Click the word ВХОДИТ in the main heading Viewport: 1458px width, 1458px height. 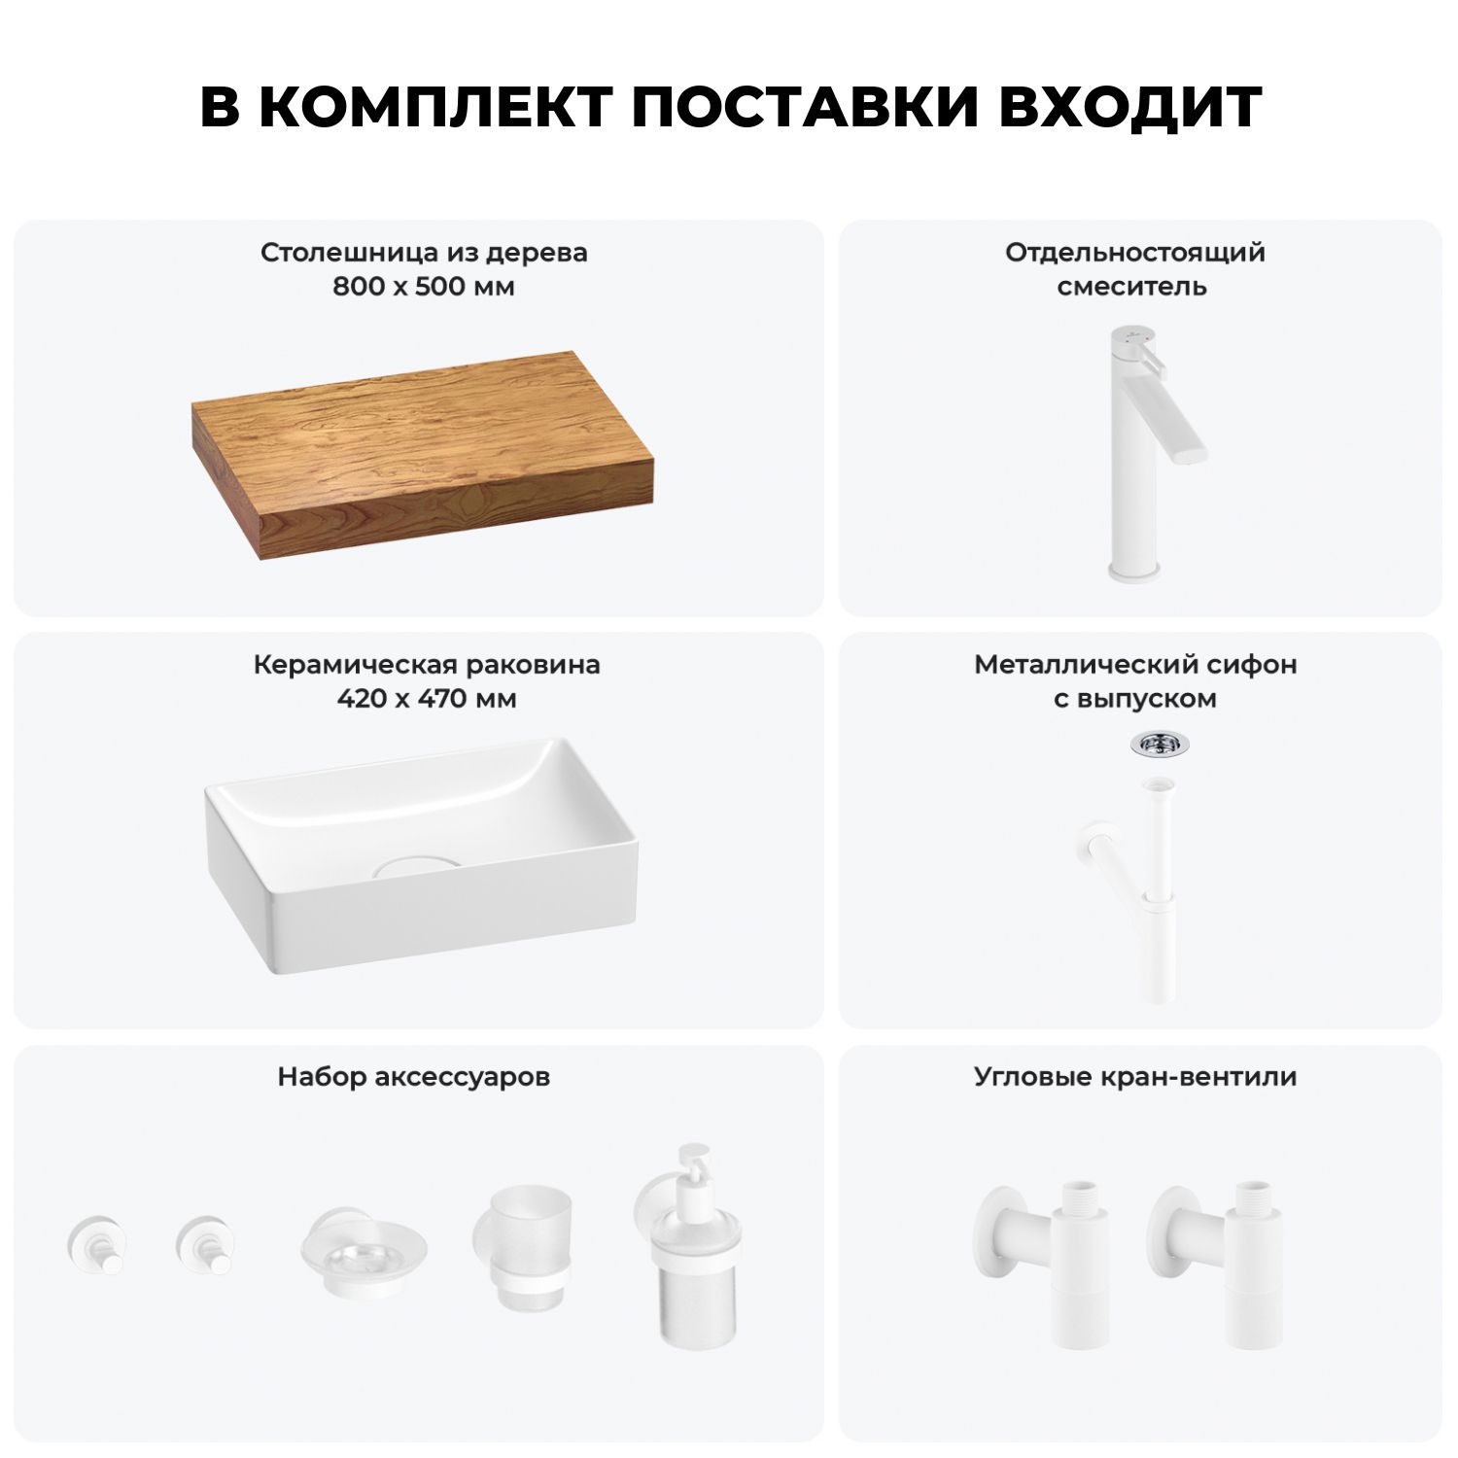click(1130, 106)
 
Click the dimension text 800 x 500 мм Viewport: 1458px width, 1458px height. click(424, 287)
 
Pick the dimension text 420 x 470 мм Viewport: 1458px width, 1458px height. click(427, 699)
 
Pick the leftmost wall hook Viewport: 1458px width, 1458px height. click(98, 1244)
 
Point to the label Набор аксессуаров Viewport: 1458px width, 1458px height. click(414, 1077)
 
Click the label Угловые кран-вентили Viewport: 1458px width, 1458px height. click(1135, 1077)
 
